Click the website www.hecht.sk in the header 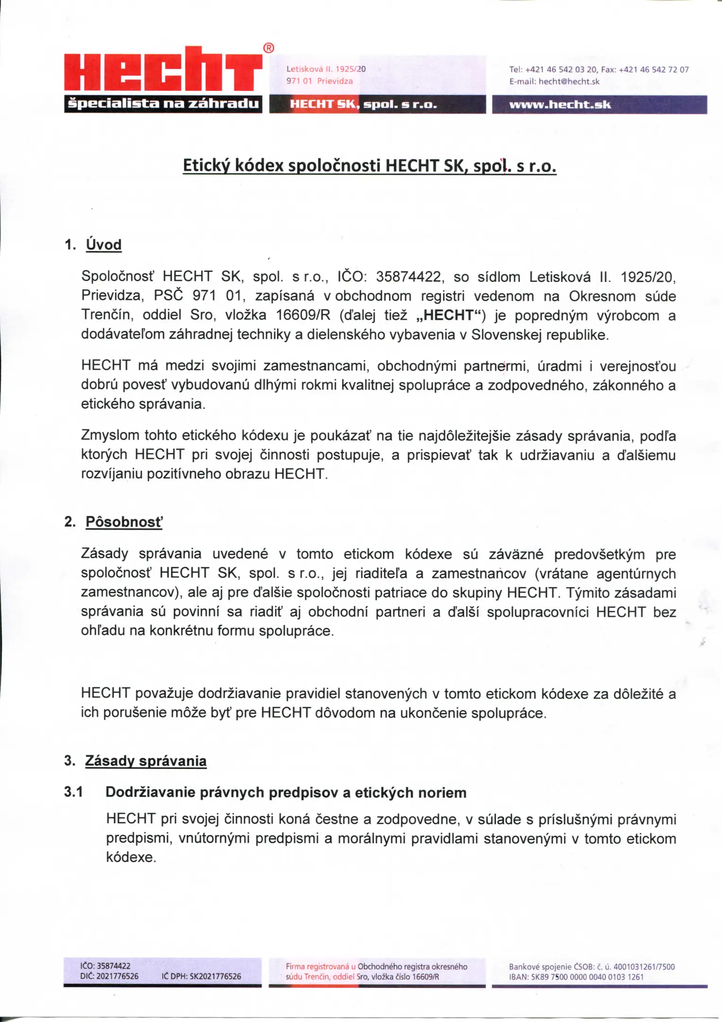coord(560,105)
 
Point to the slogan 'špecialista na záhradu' coord(163,104)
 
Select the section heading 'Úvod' coord(104,245)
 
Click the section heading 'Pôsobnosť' coord(123,522)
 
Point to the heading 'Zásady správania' coord(146,761)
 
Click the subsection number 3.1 coord(73,792)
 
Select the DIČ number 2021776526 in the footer coord(117,977)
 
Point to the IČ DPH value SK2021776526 coord(215,977)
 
